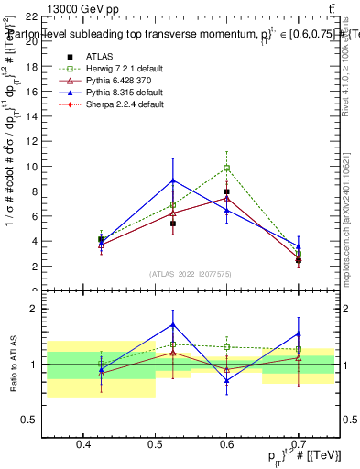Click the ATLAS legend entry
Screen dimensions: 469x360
click(86, 57)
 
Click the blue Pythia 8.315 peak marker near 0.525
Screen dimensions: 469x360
click(173, 180)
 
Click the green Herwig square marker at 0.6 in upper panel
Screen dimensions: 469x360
click(226, 168)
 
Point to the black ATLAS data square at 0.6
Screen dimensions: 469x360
click(226, 192)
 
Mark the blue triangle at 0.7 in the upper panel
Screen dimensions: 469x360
click(298, 245)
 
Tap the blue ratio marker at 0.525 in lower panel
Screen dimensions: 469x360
click(173, 324)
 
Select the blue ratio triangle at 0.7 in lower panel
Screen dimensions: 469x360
click(298, 333)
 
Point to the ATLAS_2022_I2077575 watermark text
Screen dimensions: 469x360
click(191, 274)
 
